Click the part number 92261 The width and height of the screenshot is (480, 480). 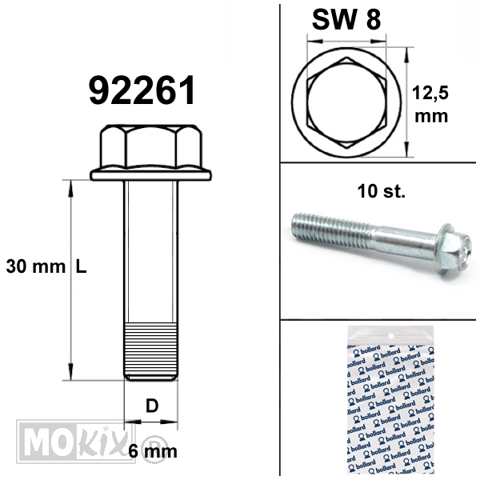pos(142,90)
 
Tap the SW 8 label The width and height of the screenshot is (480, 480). pos(346,19)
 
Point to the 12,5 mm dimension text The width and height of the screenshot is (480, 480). pos(430,104)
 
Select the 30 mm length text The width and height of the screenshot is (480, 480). pos(36,266)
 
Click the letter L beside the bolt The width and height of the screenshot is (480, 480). pos(81,266)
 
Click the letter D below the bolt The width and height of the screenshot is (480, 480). pos(152,406)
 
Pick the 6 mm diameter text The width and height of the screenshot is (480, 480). pos(153,451)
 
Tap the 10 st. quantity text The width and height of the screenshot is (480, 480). pos(381,191)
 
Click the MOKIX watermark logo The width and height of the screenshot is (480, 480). pos(75,440)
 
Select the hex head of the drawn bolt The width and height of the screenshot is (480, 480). pos(151,146)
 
